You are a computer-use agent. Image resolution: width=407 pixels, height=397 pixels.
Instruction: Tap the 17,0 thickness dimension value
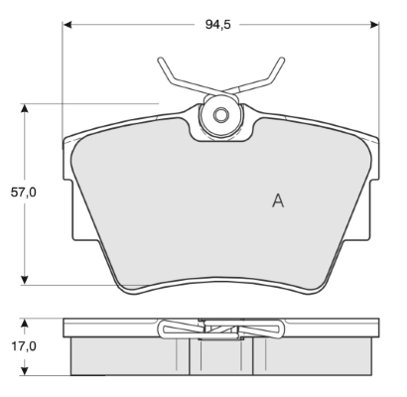(x=23, y=346)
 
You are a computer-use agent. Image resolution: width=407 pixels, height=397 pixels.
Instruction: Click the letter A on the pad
(x=278, y=200)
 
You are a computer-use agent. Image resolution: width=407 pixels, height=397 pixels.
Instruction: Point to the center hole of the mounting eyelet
(x=220, y=115)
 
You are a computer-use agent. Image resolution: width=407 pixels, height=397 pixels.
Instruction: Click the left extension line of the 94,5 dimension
(x=64, y=79)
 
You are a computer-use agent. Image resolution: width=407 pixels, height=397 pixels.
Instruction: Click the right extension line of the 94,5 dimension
(x=379, y=79)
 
